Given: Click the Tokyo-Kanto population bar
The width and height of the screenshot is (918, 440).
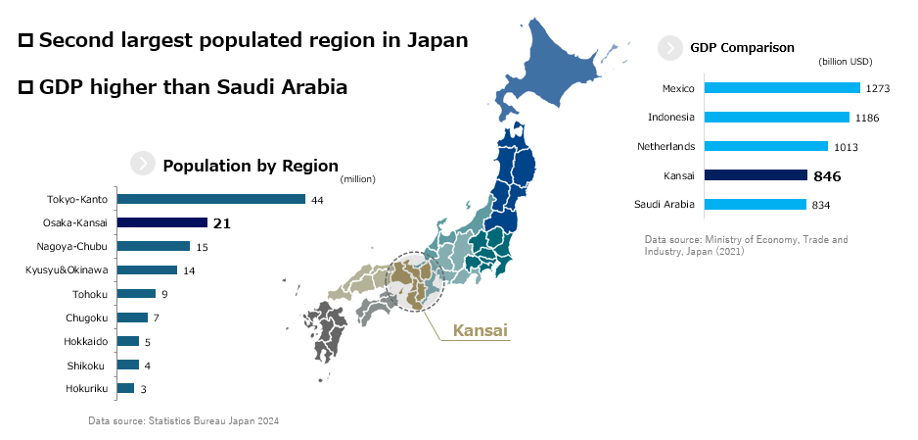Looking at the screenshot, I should coord(211,199).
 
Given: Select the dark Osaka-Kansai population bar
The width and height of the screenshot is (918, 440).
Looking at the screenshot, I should coord(161,222).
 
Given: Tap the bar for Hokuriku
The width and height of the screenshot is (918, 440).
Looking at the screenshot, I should coord(125,388).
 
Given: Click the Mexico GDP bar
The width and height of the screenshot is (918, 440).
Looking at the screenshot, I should coord(782,88).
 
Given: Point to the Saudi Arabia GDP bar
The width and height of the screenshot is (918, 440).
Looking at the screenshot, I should coord(755,204).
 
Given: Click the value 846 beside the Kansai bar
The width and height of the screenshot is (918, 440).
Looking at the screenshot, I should coord(827,176).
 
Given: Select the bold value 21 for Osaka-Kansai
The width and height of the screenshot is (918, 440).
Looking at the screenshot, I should coord(222,223).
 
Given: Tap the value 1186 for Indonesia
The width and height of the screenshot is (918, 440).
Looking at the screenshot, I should coord(866,118).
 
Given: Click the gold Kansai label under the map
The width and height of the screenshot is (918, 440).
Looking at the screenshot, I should coord(480,331).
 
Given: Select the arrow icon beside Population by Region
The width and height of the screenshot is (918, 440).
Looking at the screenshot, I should coord(143,165).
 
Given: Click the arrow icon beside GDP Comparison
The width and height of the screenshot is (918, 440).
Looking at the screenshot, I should coord(670,47).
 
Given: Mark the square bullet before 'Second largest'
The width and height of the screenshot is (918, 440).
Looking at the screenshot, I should coord(26,41).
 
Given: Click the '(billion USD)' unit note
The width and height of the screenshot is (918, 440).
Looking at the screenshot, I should coord(846,62).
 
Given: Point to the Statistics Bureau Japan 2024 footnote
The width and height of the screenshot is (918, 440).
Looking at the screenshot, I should coord(184,420).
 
